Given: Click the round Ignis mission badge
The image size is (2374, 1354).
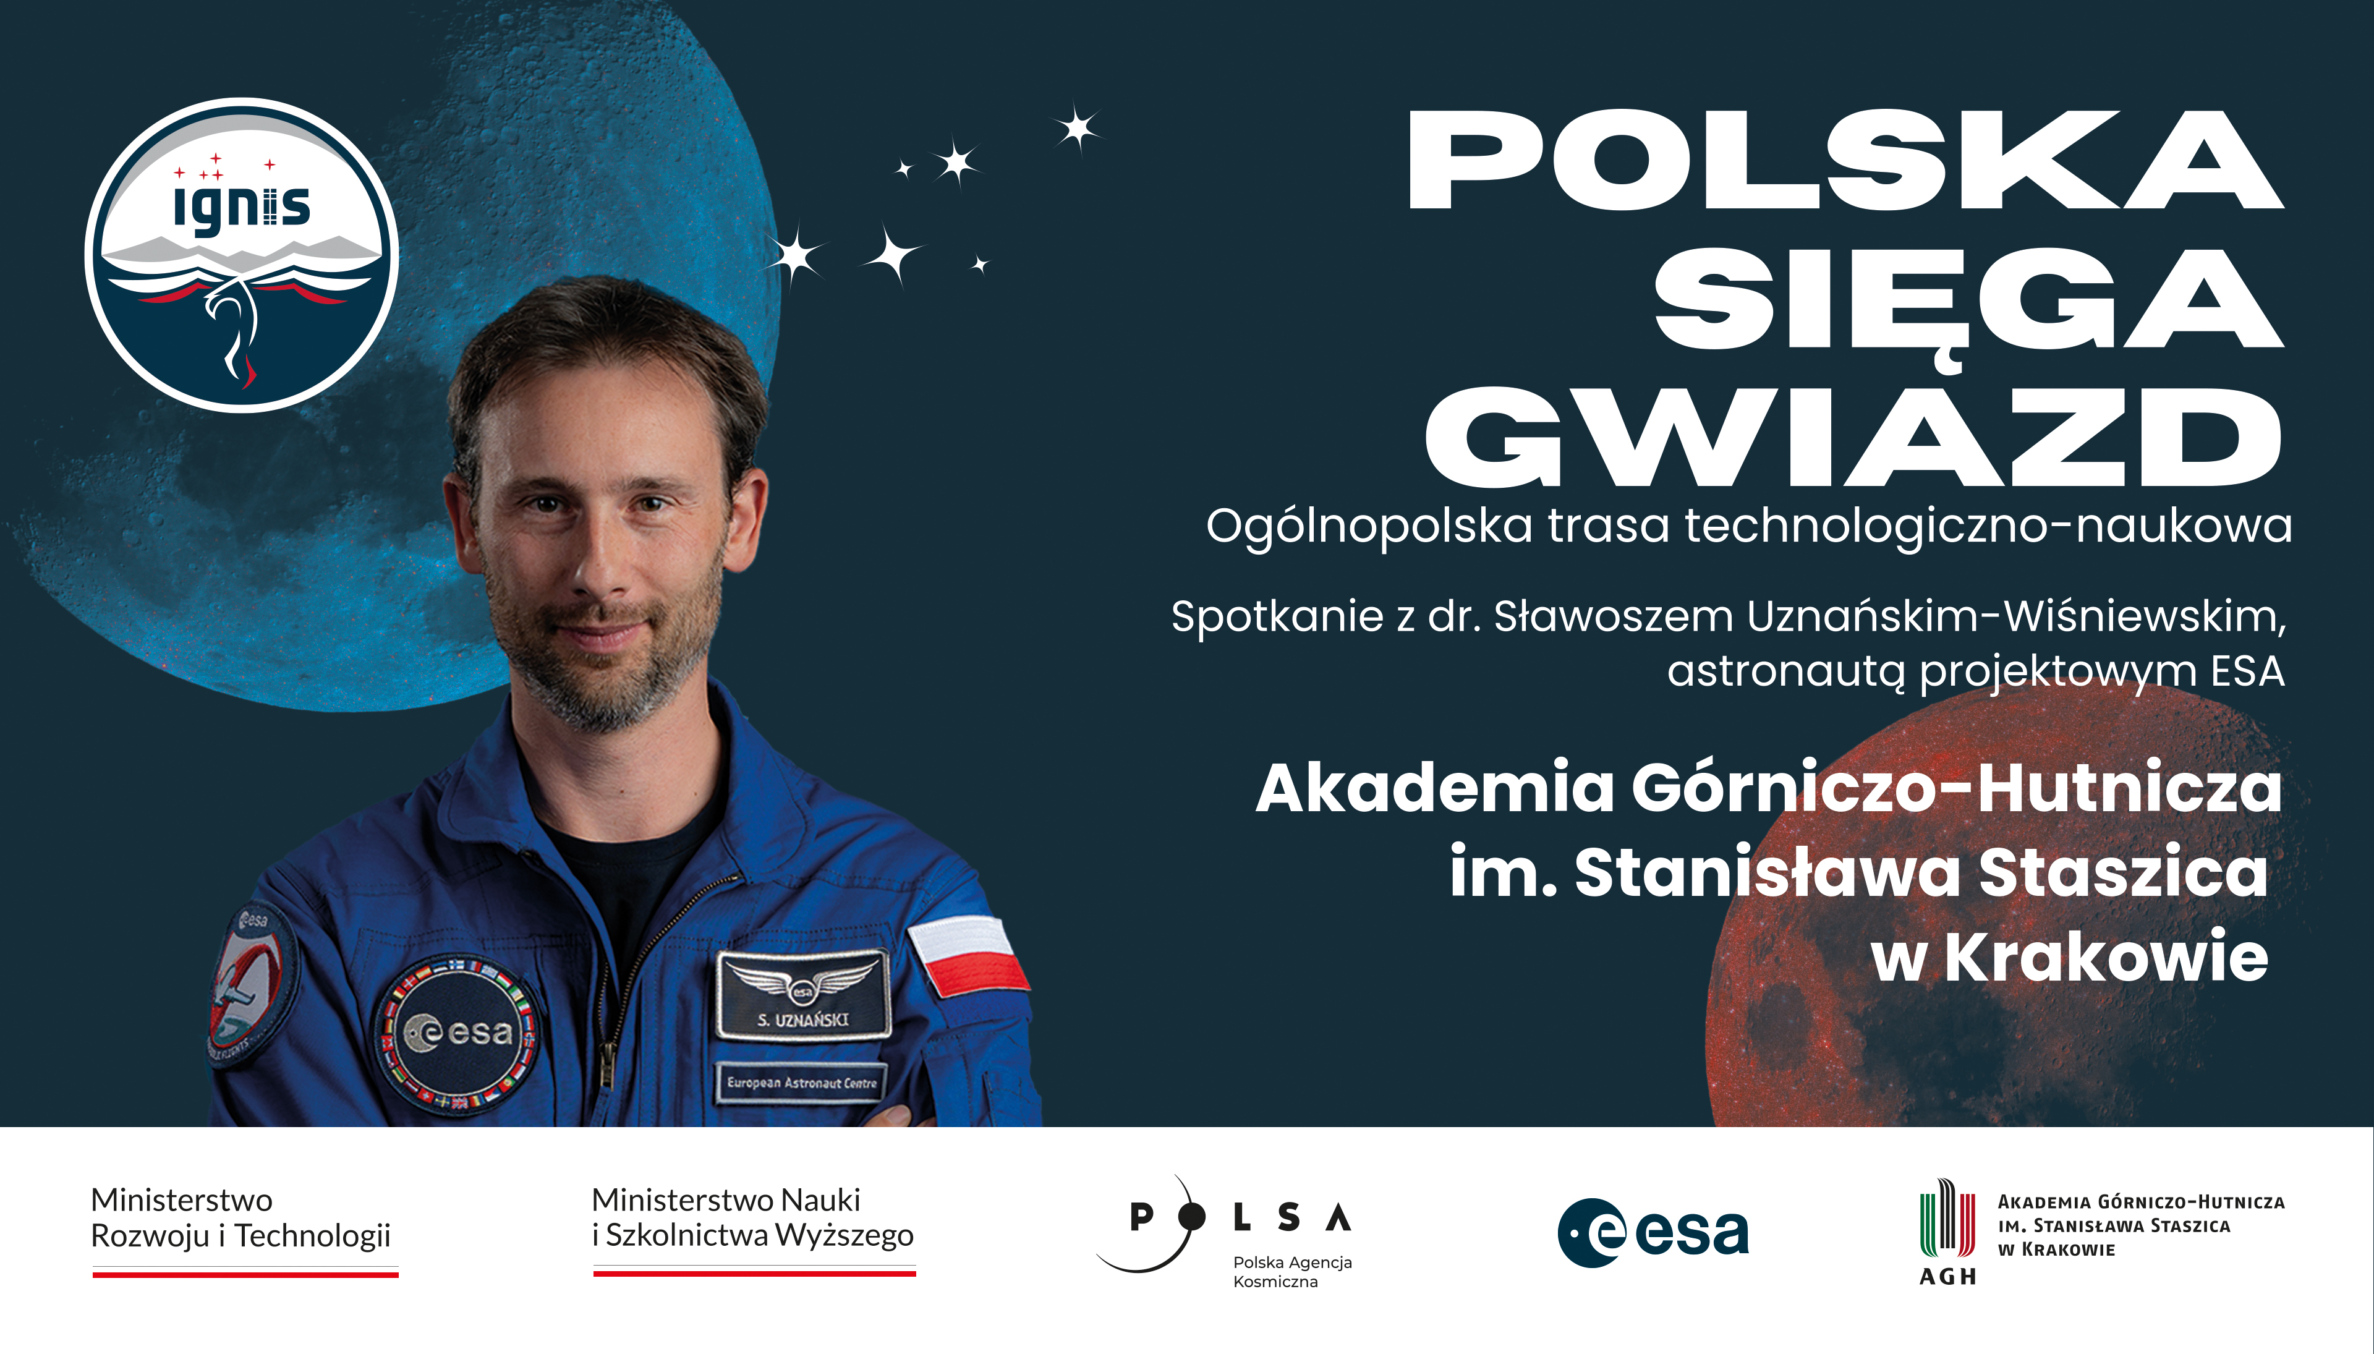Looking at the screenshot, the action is (242, 255).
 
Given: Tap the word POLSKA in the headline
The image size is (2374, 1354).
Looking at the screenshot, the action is (1846, 161).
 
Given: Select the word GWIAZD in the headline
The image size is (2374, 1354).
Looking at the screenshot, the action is (1854, 437).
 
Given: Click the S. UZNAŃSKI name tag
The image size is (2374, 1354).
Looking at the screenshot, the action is (802, 994).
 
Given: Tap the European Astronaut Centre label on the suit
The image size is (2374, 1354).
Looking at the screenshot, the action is (801, 1083).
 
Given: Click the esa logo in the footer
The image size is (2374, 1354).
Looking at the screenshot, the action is (1653, 1233).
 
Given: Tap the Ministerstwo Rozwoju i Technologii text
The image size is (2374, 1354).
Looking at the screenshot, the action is (240, 1217).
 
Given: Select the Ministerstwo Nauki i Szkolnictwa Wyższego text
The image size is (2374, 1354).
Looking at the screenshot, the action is (752, 1217).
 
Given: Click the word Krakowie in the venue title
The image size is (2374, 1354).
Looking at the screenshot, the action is (2106, 957).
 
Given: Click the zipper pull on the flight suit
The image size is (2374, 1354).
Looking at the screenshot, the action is (607, 1064).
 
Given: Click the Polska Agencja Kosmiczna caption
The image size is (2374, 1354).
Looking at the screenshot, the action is (1291, 1271).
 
